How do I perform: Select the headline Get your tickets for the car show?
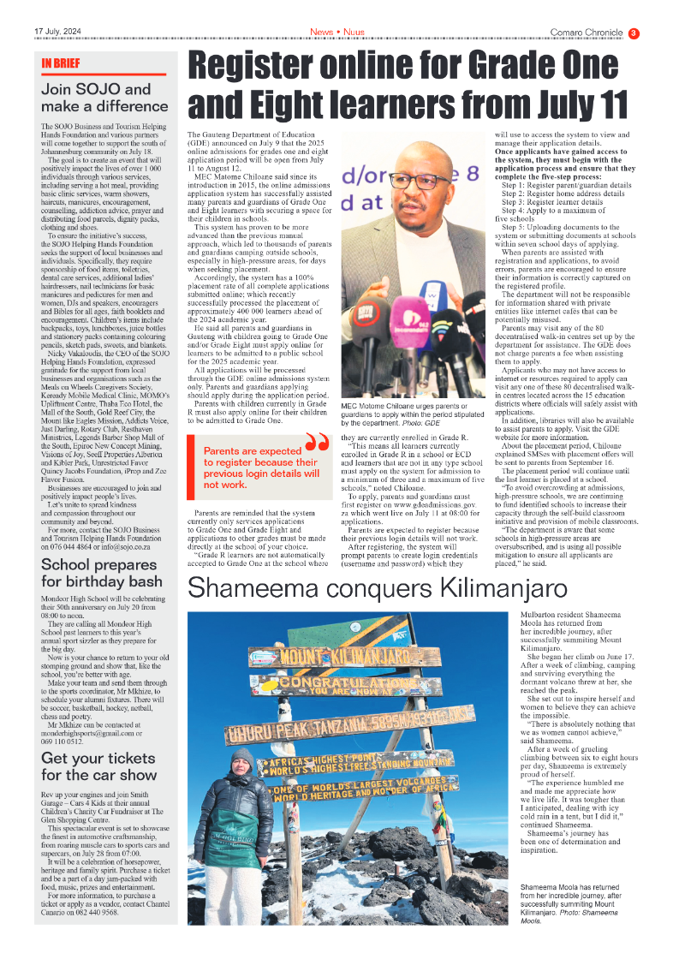click(x=99, y=766)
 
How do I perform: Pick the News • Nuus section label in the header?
click(x=336, y=33)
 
